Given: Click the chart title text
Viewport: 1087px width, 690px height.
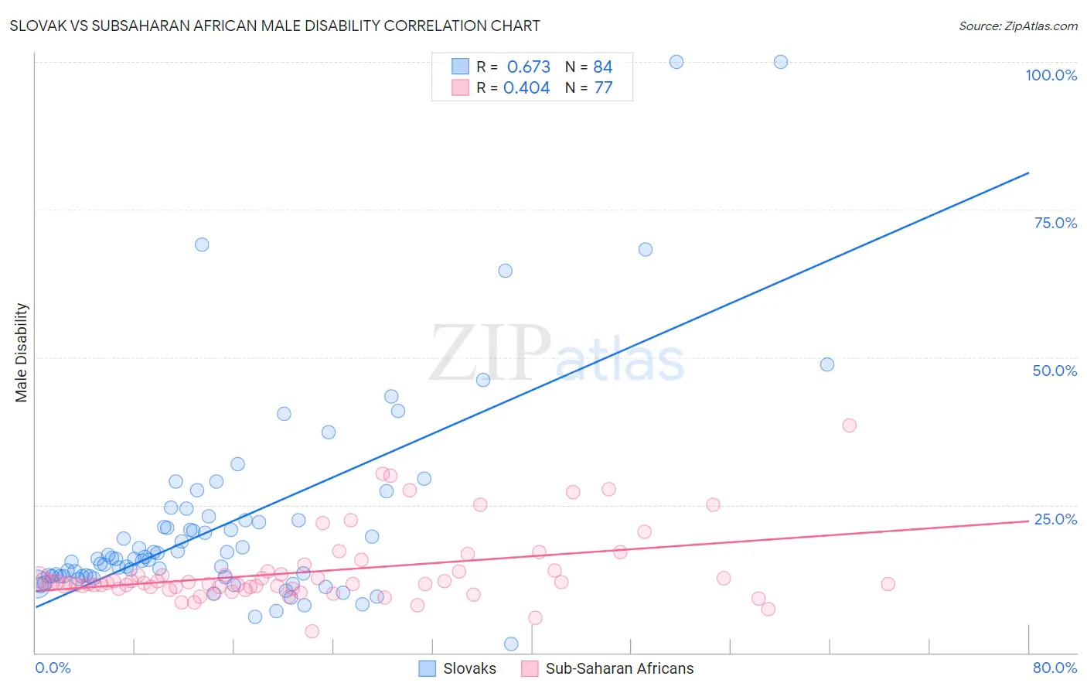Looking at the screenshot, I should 275,26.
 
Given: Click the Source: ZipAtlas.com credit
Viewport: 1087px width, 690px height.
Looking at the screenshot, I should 1017,26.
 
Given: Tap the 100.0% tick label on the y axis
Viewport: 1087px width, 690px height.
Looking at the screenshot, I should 1051,75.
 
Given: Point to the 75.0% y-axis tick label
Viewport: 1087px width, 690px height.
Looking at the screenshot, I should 1055,223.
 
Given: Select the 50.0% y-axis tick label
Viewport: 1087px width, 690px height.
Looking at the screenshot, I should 1055,371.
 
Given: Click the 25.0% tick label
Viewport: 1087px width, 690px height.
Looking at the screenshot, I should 1055,519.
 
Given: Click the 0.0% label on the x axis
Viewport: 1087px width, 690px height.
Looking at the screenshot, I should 53,668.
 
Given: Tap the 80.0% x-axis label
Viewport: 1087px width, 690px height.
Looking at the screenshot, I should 1055,668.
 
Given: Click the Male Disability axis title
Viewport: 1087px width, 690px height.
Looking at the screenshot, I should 22,352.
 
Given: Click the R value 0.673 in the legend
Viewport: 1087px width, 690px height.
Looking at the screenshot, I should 529,67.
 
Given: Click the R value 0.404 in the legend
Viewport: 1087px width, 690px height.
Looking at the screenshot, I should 526,88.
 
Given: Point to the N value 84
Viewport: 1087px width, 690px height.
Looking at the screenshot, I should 603,67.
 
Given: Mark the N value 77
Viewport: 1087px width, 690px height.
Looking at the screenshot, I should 603,88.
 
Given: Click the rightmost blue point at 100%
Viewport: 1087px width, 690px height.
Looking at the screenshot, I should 781,62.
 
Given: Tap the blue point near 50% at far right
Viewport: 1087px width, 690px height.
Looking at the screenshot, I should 827,364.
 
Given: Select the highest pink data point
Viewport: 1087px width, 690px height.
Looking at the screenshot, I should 850,425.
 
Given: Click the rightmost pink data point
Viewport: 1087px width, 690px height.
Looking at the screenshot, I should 888,584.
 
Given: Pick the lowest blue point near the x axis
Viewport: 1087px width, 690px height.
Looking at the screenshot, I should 511,644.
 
